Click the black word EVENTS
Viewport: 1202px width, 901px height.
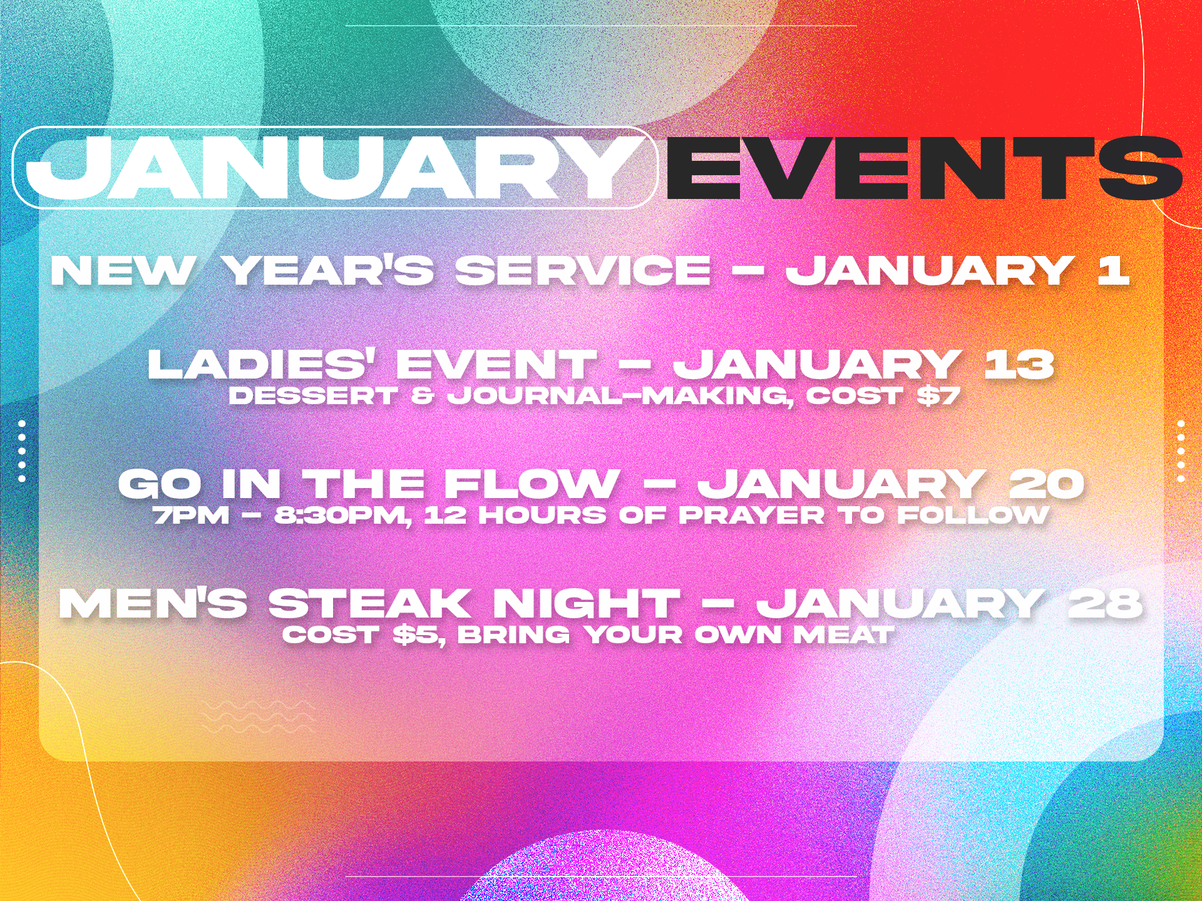coord(924,168)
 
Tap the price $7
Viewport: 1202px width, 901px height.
coord(938,395)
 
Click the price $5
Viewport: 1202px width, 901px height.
coord(418,635)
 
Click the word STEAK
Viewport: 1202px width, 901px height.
coord(369,603)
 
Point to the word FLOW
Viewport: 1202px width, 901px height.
coord(532,484)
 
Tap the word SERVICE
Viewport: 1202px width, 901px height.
coord(583,271)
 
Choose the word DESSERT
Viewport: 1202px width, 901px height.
coord(314,395)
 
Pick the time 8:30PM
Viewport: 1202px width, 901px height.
coord(342,516)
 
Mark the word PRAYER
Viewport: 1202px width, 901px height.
coord(752,515)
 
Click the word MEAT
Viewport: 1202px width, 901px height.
coord(843,635)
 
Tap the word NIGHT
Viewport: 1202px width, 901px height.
coord(586,603)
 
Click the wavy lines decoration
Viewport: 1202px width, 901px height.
coord(257,717)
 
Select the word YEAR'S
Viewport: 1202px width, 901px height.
coord(329,271)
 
